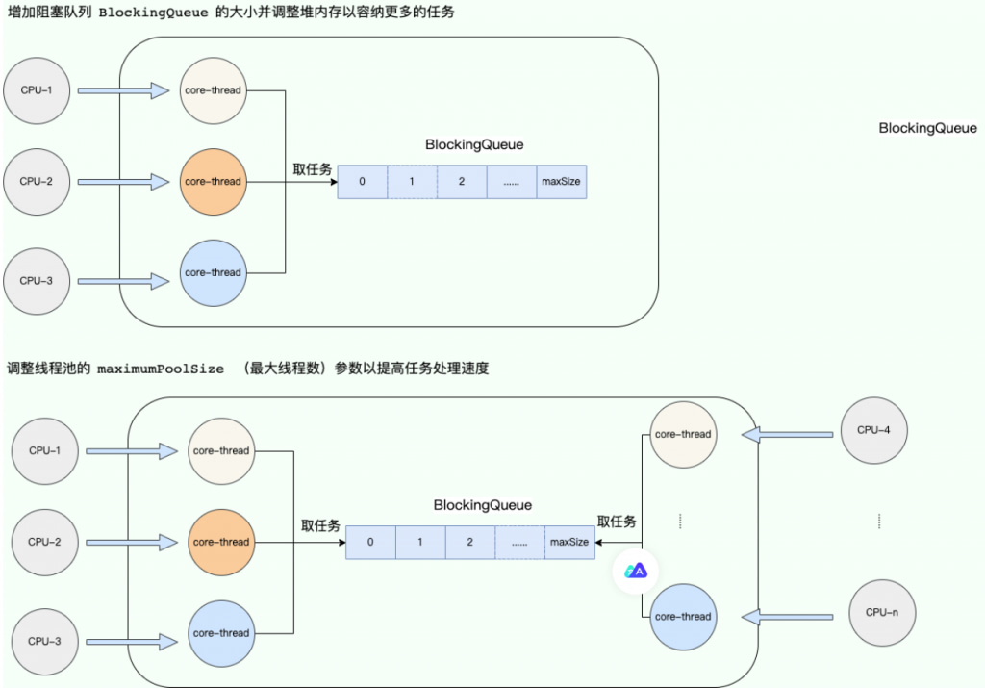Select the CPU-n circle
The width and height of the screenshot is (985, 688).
[875, 612]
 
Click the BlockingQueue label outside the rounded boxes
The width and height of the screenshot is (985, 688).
[927, 128]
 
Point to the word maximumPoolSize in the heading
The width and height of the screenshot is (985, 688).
[161, 369]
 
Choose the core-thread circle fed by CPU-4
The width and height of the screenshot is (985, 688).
[682, 434]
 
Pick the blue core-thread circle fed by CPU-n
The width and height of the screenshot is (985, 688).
[682, 617]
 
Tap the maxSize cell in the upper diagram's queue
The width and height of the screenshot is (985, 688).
[561, 181]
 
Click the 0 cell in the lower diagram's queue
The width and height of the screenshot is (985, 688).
[370, 542]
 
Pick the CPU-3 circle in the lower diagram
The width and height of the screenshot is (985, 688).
[44, 641]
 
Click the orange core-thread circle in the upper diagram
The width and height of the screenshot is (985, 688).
[213, 181]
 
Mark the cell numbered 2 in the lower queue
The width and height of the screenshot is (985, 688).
[469, 542]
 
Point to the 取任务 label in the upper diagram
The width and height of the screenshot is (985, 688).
[313, 169]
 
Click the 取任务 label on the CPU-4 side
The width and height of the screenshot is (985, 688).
[617, 522]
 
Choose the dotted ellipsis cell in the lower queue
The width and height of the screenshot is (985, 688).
[519, 542]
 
